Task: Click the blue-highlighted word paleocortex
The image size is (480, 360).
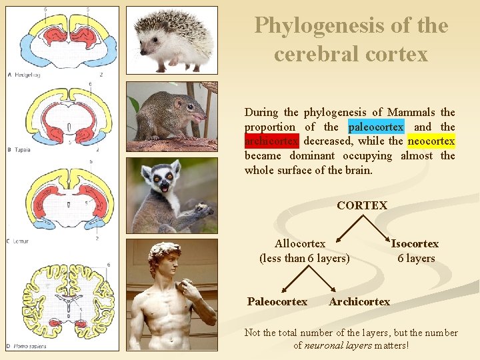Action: [376, 127]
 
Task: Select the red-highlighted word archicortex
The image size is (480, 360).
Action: [271, 141]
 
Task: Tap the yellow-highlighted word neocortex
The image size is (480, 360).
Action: [431, 141]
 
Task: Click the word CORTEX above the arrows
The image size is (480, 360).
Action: [362, 205]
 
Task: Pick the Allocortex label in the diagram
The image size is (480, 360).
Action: [300, 244]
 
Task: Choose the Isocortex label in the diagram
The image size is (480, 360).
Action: [415, 244]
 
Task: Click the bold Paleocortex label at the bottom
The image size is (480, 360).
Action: [277, 302]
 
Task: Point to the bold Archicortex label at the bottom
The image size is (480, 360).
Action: [359, 302]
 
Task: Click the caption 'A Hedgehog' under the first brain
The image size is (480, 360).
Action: [25, 75]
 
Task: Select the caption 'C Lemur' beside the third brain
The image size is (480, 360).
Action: [19, 241]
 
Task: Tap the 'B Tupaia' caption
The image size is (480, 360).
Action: [21, 150]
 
